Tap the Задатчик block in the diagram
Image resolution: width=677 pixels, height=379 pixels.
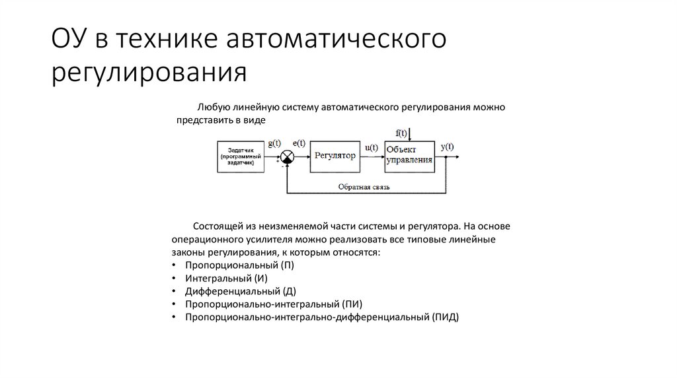[x=240, y=157]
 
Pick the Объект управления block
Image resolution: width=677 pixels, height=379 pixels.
[x=410, y=156]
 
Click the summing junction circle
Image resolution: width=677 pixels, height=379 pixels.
[x=288, y=156]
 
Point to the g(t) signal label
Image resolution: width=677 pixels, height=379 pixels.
[x=274, y=143]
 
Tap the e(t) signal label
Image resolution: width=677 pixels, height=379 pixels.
[x=298, y=143]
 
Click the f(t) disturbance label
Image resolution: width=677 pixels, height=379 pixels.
[x=401, y=133]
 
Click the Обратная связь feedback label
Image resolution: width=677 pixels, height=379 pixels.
[x=364, y=187]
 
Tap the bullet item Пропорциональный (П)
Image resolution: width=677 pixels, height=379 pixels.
[x=239, y=265]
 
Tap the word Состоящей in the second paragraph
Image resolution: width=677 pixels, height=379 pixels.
[x=216, y=226]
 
